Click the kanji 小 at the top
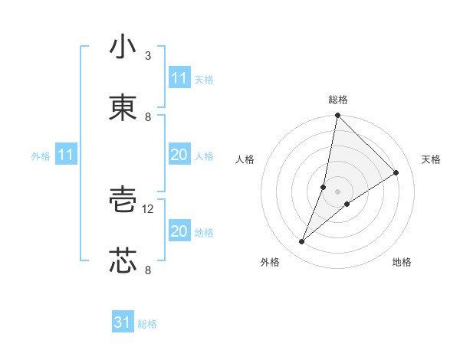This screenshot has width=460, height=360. (123, 47)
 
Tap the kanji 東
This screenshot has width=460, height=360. (123, 108)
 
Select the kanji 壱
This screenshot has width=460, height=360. (123, 201)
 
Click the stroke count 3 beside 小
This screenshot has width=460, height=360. (148, 56)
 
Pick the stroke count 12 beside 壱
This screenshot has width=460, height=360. (149, 209)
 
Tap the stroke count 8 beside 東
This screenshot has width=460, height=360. (148, 117)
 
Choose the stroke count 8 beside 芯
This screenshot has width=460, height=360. (148, 270)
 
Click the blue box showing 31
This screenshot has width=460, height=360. (123, 322)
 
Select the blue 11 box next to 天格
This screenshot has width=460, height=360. (179, 78)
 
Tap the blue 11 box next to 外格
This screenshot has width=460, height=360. (66, 155)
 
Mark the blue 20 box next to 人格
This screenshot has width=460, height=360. (179, 155)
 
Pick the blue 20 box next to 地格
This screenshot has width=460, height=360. (179, 231)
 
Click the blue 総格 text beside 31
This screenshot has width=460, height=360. (147, 324)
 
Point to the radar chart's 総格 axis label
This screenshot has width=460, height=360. (338, 100)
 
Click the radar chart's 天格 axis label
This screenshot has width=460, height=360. (431, 159)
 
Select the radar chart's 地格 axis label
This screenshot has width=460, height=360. (402, 262)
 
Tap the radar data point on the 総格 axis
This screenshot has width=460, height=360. (337, 115)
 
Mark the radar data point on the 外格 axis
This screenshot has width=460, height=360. (302, 242)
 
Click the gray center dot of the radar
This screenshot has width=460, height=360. (337, 180)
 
